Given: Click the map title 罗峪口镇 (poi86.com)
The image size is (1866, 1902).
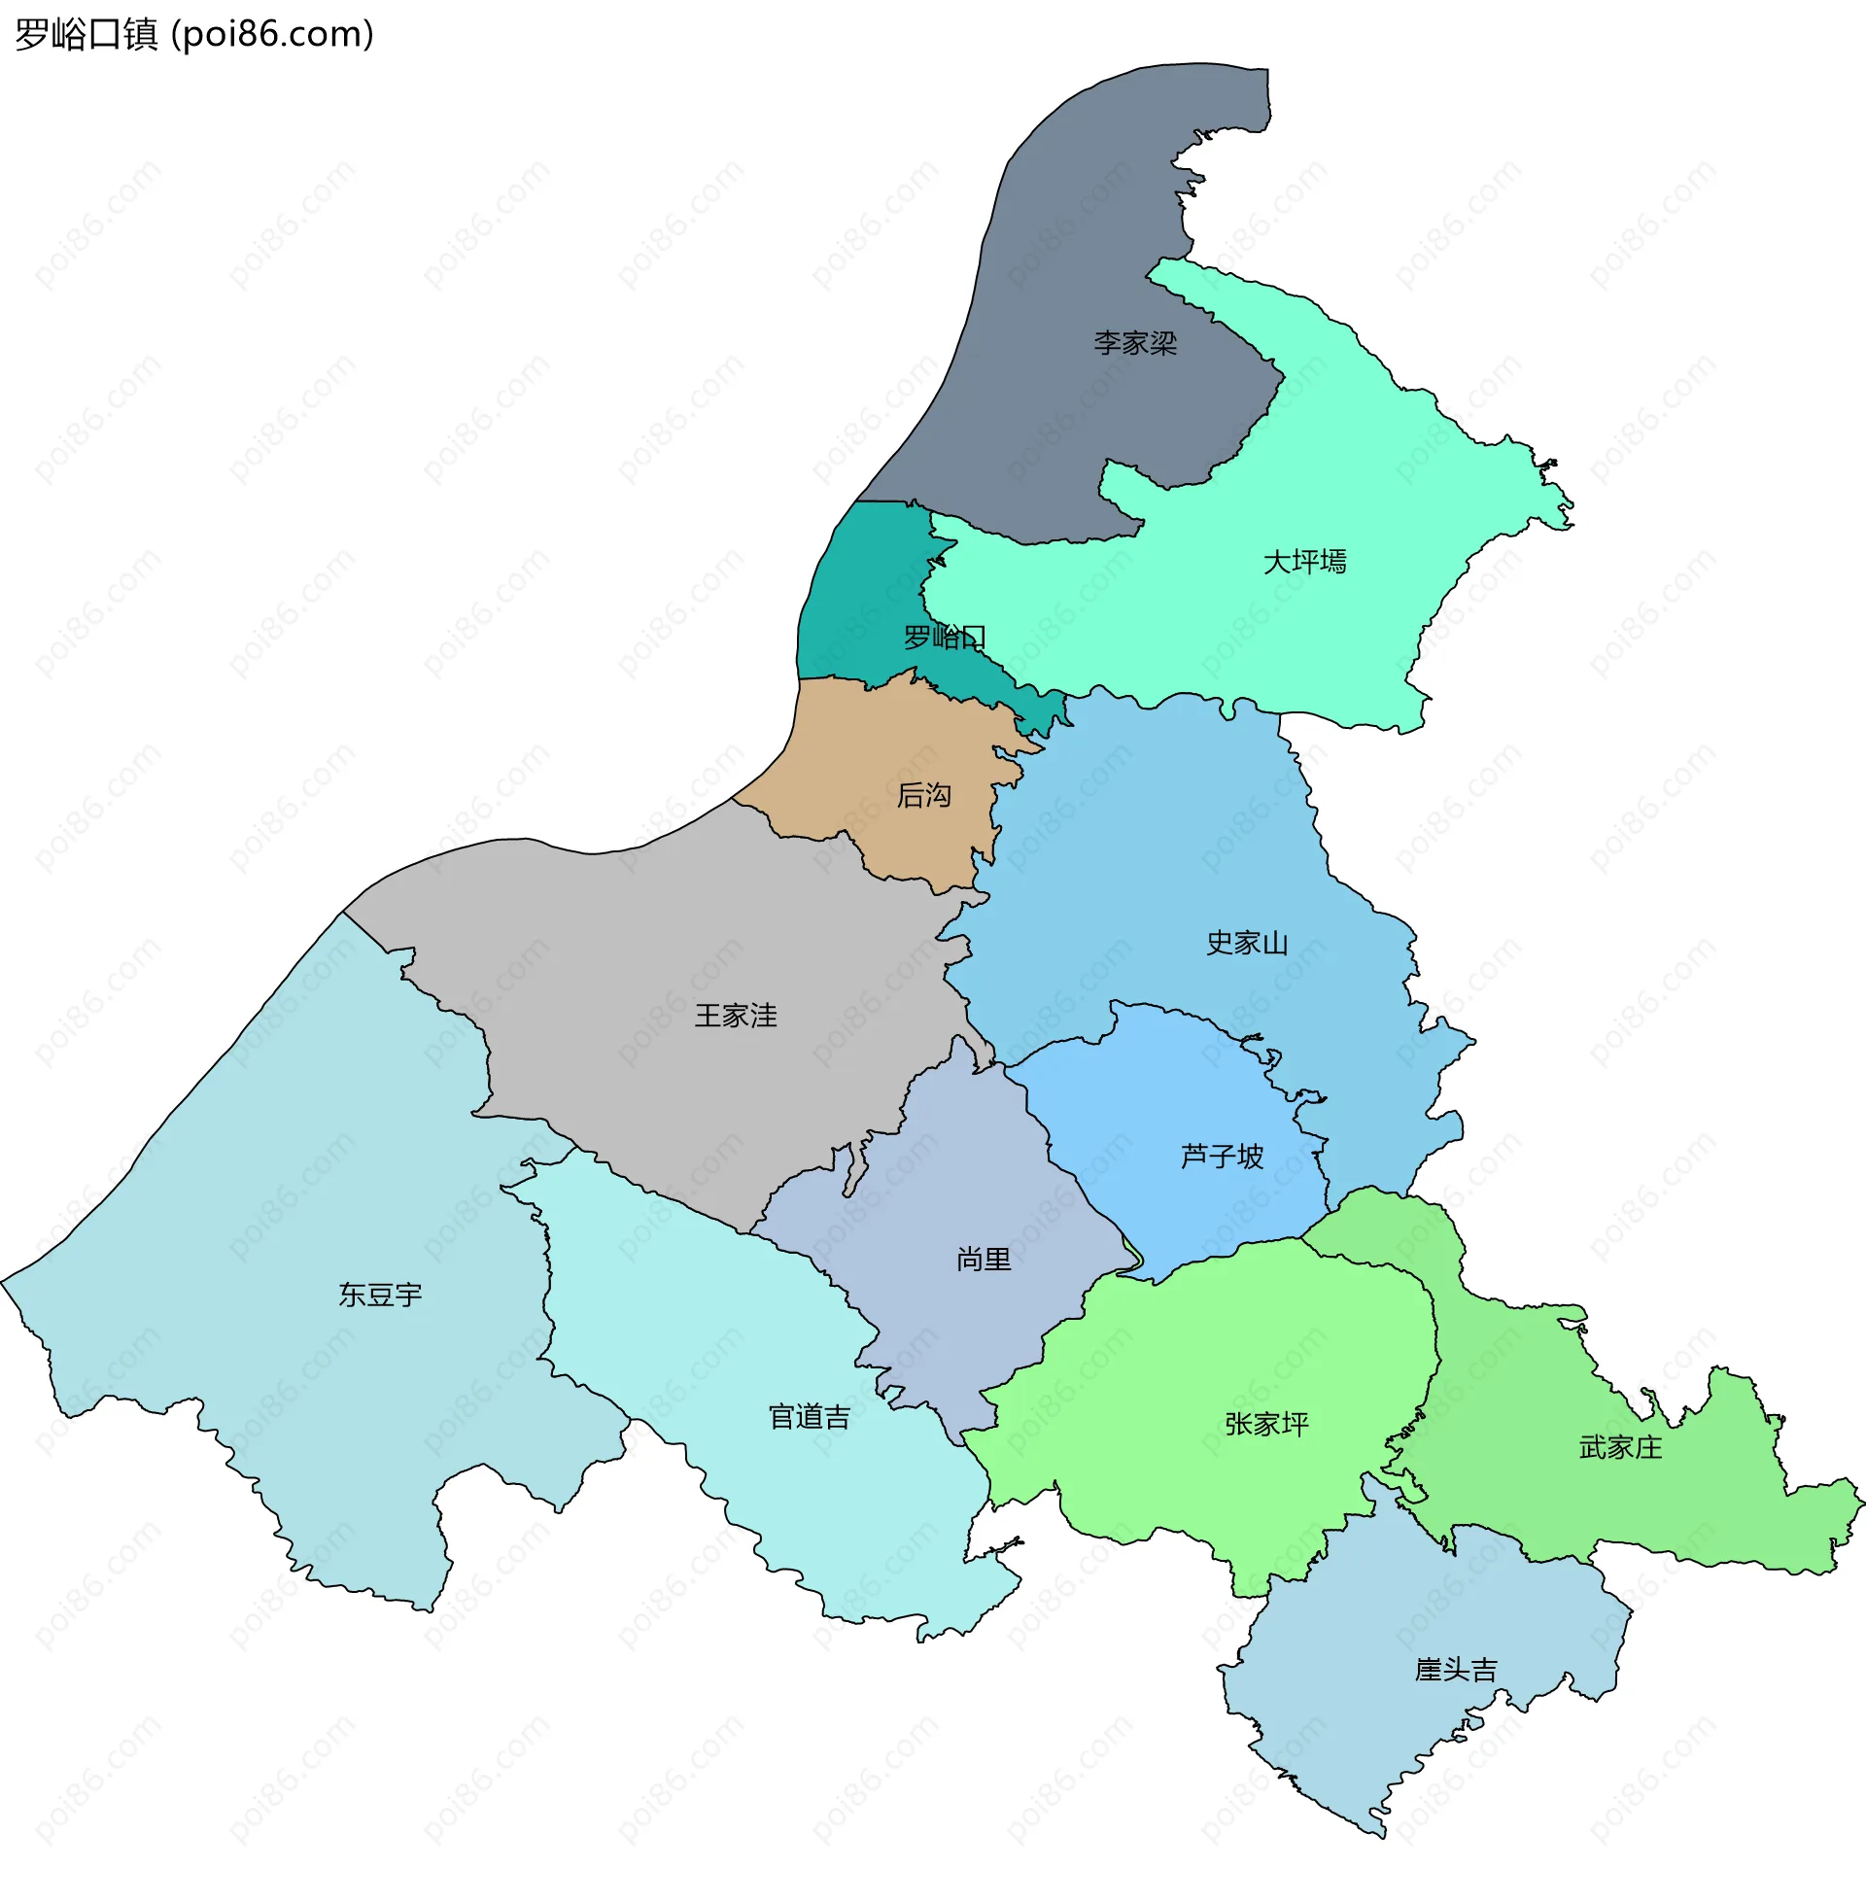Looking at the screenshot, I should pos(194,34).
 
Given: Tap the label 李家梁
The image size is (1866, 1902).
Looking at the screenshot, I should pos(1135,343).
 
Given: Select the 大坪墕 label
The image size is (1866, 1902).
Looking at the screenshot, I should pos(1304,562).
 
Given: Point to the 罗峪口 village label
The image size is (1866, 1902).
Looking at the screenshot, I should pos(944,638).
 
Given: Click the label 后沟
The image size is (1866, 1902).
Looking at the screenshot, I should pos(923,795).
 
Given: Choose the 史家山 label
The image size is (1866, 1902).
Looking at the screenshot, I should pos(1247,943).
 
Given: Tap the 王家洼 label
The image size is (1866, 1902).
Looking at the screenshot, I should pos(735,1016).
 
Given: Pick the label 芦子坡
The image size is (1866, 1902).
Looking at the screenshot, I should pos(1221,1157).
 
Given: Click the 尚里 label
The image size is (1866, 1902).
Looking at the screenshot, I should pos(983,1260).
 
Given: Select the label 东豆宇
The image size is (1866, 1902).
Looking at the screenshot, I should pos(380,1295).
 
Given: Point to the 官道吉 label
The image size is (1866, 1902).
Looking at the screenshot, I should pos(809,1417).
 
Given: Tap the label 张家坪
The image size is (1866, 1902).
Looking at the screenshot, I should pos(1266,1424).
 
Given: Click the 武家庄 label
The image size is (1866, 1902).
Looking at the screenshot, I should pos(1620,1447).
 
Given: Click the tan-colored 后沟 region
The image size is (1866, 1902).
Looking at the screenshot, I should pos(882,744).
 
